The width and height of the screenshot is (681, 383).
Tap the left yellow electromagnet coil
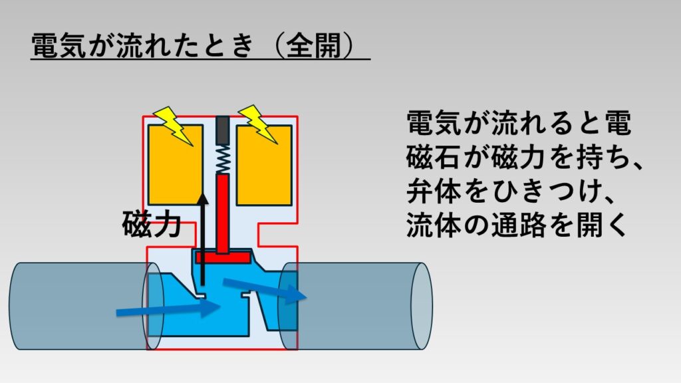(x=175, y=170)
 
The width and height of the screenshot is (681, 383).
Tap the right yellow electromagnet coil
(x=264, y=170)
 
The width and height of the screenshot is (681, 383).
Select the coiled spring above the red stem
(x=223, y=158)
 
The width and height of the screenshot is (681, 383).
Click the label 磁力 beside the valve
(x=152, y=225)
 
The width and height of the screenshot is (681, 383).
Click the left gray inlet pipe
(x=73, y=306)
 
